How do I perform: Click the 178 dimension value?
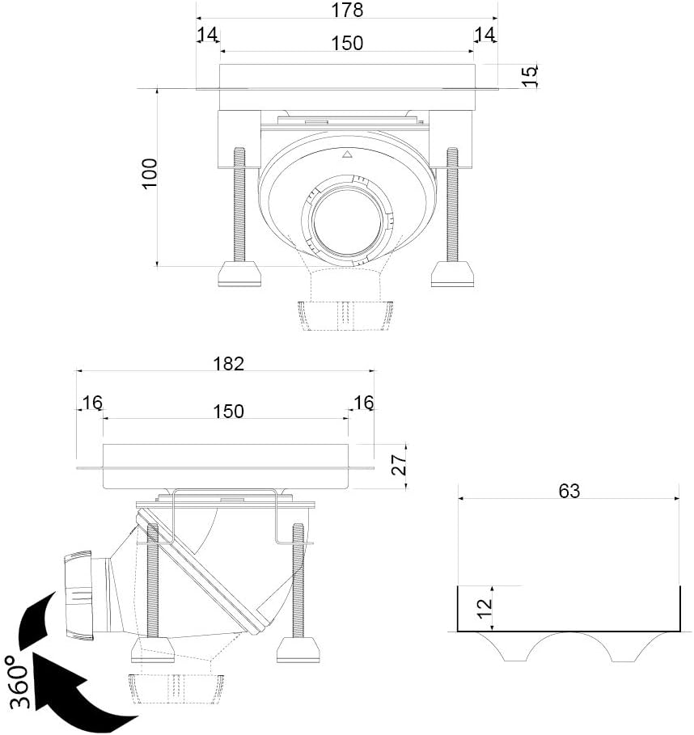point(347,10)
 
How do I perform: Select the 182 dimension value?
point(228,364)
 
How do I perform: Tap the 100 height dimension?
point(150,174)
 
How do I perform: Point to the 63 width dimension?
point(569,491)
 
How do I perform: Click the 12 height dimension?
point(485,608)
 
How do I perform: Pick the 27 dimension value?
point(399,465)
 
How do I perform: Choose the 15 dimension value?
point(530,76)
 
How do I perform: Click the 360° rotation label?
point(19,682)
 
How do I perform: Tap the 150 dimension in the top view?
point(347,43)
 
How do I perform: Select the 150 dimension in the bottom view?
point(228,411)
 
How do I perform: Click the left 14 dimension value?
point(207,34)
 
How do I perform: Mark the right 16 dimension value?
point(363,402)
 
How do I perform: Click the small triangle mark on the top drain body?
point(346,154)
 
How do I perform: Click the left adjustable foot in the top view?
point(239,274)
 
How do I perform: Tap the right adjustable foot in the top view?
point(452,274)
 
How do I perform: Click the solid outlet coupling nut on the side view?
point(78,595)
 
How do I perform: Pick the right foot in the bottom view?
point(298,649)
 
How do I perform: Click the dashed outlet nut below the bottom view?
point(176,689)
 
